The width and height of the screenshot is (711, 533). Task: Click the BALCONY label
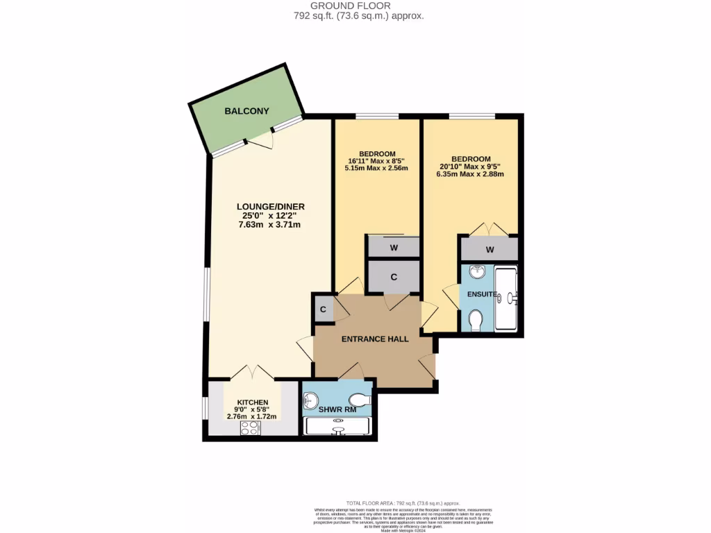pyautogui.click(x=246, y=111)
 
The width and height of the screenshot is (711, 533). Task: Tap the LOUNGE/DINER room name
pyautogui.click(x=271, y=206)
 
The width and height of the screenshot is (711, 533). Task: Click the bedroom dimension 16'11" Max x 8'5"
pyautogui.click(x=377, y=161)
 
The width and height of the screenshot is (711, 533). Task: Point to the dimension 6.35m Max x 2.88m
pyautogui.click(x=470, y=174)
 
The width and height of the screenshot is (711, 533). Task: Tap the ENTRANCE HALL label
pyautogui.click(x=374, y=339)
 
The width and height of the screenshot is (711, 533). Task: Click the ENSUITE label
pyautogui.click(x=481, y=294)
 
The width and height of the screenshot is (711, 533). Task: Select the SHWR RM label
pyautogui.click(x=337, y=409)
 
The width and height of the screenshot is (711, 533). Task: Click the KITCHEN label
pyautogui.click(x=252, y=403)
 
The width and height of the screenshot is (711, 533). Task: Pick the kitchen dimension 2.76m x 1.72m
pyautogui.click(x=252, y=416)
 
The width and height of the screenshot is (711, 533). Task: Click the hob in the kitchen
pyautogui.click(x=249, y=428)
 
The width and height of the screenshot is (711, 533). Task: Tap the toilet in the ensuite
pyautogui.click(x=476, y=320)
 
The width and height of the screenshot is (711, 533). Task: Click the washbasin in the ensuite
pyautogui.click(x=476, y=271)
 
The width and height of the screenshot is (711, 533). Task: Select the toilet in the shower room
pyautogui.click(x=360, y=400)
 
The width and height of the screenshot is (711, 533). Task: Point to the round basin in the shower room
pyautogui.click(x=310, y=400)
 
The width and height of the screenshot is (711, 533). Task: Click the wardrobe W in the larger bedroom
pyautogui.click(x=490, y=249)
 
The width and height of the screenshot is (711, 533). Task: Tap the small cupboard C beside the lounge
pyautogui.click(x=324, y=310)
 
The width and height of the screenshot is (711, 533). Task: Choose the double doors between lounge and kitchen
pyautogui.click(x=253, y=372)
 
